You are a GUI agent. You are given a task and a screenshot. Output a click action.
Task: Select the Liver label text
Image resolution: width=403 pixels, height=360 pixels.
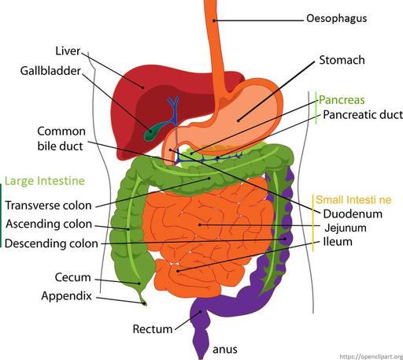click(68, 51)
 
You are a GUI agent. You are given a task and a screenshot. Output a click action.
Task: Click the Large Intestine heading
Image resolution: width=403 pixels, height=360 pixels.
click(45, 181)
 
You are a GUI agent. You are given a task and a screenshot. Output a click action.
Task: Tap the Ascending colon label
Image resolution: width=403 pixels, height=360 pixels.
click(48, 224)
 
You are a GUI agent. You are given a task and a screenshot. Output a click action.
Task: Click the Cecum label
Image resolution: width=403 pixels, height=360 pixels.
click(73, 277)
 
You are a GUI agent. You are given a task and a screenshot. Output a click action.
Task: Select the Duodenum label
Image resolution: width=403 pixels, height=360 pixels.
click(353, 213)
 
